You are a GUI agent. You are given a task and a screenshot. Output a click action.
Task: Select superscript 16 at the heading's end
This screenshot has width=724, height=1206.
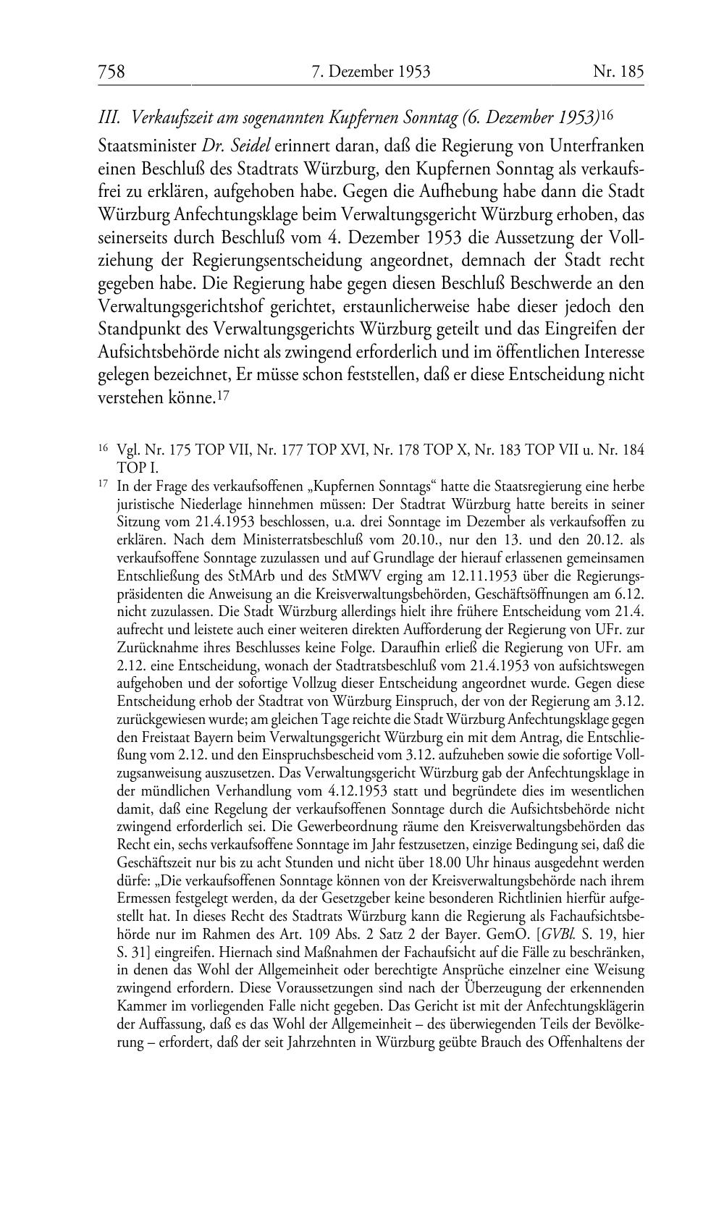pos(607,114)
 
